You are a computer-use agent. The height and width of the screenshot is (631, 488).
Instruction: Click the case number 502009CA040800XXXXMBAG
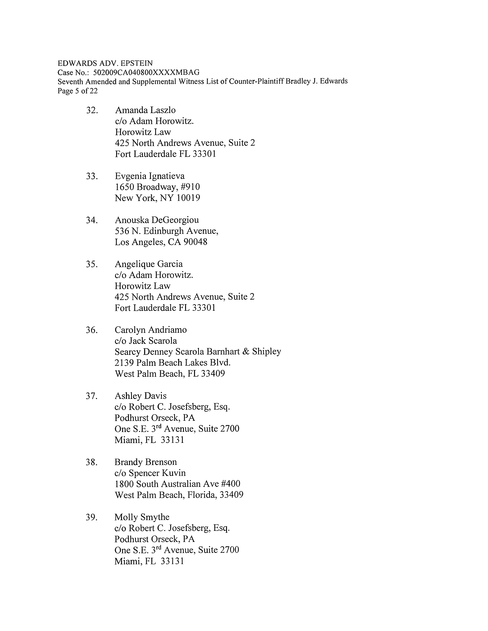[146, 72]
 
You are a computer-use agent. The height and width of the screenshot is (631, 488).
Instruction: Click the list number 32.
[92, 110]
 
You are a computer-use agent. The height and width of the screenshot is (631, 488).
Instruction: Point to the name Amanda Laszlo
[145, 110]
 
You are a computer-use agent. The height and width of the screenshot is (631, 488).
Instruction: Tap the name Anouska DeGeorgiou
[157, 220]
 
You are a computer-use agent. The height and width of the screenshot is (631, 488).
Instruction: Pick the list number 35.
[91, 264]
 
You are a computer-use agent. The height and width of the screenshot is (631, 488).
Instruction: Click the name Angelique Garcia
[149, 264]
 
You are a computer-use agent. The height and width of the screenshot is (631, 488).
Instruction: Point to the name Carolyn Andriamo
[151, 330]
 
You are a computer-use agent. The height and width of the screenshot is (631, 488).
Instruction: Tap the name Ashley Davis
[140, 396]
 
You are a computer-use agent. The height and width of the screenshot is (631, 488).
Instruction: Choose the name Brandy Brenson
[145, 462]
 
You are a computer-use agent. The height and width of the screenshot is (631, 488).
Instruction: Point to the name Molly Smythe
[142, 517]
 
